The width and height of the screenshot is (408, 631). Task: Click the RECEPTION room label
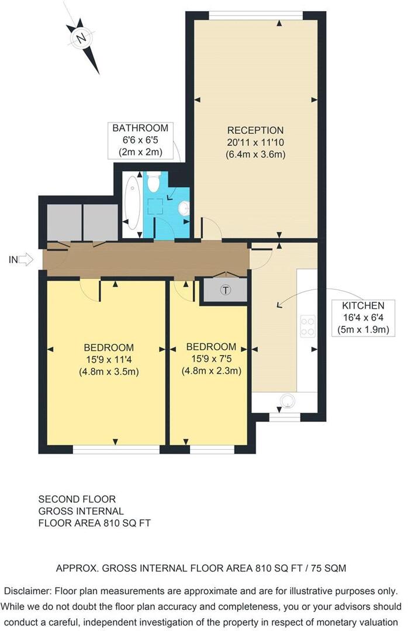coord(255,130)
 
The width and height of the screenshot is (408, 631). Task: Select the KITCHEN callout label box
coord(363,316)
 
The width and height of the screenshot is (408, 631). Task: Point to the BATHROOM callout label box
coord(140,140)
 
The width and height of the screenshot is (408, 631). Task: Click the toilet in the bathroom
coord(154,182)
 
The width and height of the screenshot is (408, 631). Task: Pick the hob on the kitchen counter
coord(307,325)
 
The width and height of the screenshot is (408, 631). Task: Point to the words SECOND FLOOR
coord(77,499)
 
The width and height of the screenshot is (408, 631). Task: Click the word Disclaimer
coord(25,591)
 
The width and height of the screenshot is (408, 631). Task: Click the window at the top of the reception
coord(256,15)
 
